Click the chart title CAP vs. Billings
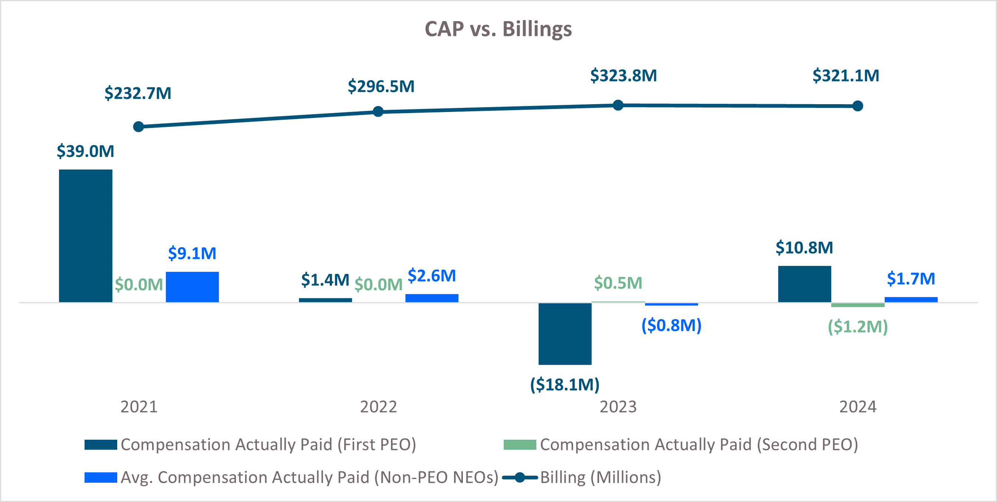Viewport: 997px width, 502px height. tap(498, 29)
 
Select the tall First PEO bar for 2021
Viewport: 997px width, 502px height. tap(86, 235)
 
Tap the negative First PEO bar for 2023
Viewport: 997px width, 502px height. tap(565, 333)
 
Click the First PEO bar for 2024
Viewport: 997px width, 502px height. tap(804, 284)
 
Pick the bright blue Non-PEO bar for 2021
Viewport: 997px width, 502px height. tap(192, 287)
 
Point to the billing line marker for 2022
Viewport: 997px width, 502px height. tap(378, 112)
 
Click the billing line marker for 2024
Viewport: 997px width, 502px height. tap(858, 106)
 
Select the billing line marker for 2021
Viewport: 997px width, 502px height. tap(138, 126)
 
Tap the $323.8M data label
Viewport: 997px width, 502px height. tap(623, 75)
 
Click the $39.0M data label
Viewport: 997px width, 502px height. tap(86, 151)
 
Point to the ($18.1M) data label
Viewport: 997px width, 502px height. tap(565, 384)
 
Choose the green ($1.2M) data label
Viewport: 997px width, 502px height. tap(857, 327)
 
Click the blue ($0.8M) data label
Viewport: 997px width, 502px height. tap(671, 325)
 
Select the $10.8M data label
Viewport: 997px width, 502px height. tap(804, 248)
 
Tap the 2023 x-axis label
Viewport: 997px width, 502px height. tap(618, 407)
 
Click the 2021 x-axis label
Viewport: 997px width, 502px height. tap(139, 407)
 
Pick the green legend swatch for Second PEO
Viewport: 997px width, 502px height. tap(519, 445)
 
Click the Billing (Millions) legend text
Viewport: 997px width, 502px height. tap(600, 477)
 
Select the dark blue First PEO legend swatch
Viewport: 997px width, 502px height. tap(101, 445)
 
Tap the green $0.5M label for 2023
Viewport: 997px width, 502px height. tap(618, 283)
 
